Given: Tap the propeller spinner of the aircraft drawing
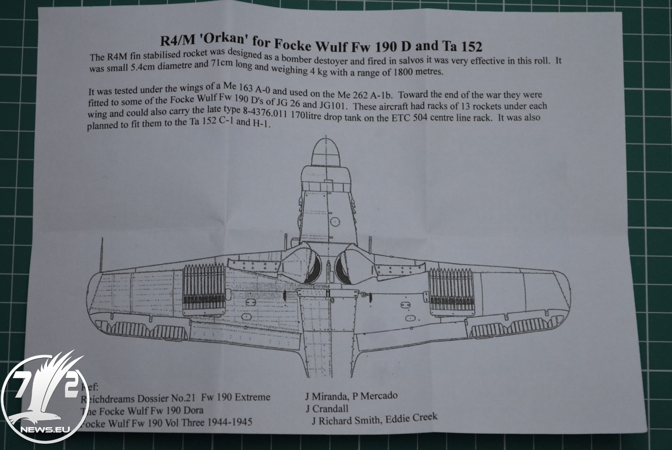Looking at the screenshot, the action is click(x=326, y=152).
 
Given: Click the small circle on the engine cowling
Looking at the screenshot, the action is click(x=335, y=222).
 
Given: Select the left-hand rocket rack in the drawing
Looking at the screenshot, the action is click(x=204, y=290).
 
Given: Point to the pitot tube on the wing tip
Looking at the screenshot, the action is click(x=102, y=255).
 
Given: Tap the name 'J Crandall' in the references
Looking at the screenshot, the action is click(x=327, y=408).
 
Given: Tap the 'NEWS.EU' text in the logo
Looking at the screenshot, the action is click(x=45, y=429).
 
